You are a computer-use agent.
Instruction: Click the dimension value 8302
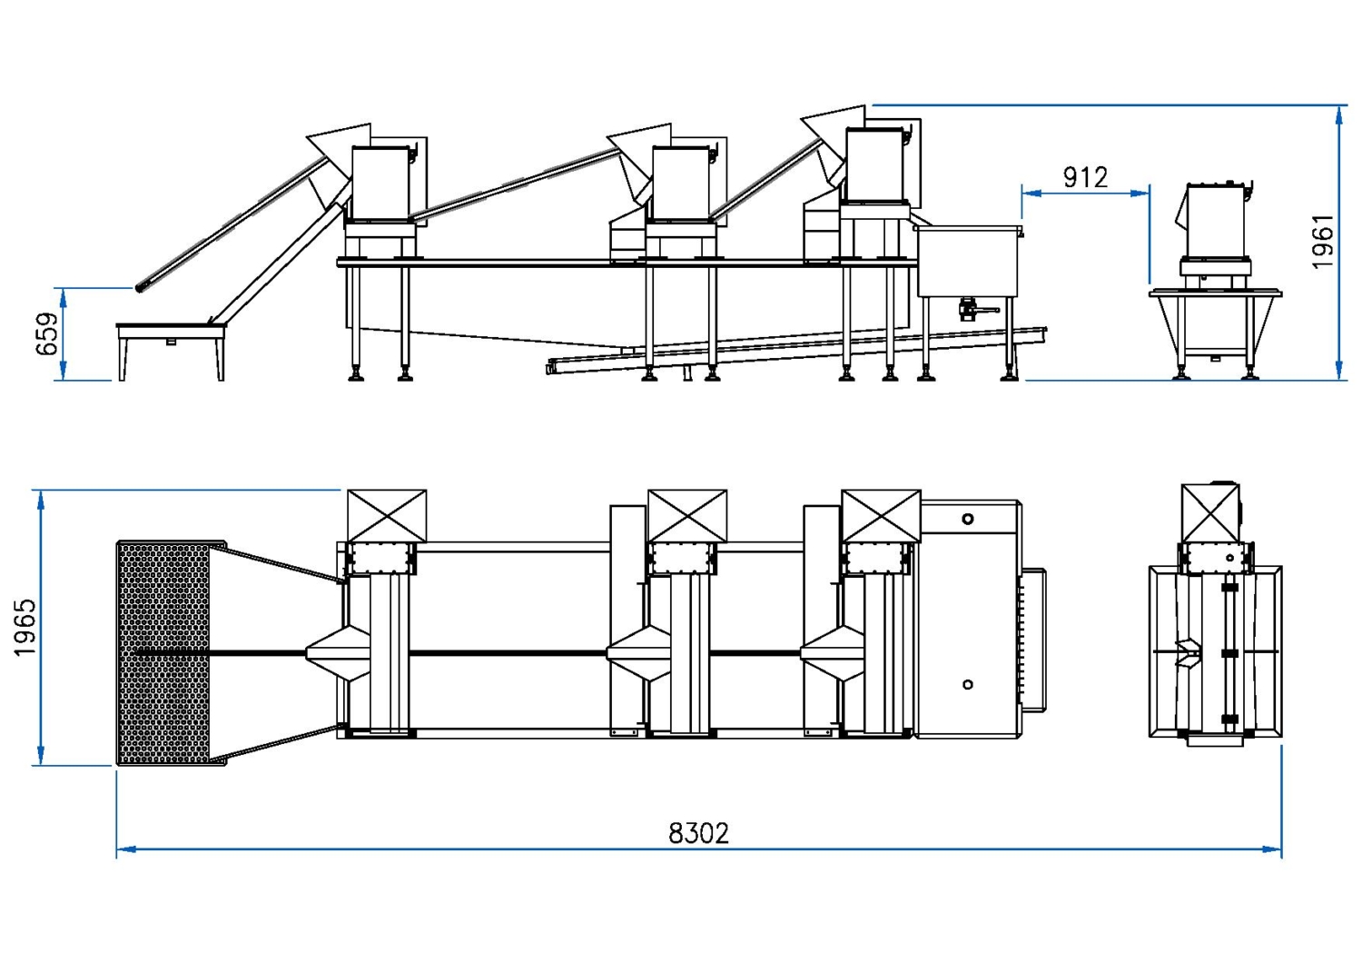[x=698, y=833]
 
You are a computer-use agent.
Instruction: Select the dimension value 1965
[x=25, y=627]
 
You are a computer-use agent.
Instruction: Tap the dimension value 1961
[x=1323, y=242]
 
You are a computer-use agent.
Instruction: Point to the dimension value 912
[x=1085, y=177]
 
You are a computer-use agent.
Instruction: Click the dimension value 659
[x=46, y=333]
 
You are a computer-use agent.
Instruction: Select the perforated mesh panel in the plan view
[x=163, y=653]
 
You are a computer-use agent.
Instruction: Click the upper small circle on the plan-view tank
[x=968, y=519]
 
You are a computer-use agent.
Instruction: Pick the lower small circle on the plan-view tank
[x=968, y=684]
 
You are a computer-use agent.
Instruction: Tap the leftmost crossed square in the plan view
[x=387, y=516]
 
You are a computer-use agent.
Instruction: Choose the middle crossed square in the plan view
[x=687, y=516]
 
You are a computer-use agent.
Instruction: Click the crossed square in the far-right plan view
[x=1209, y=514]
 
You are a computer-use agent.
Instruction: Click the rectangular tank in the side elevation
[x=968, y=261]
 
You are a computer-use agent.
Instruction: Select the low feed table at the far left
[x=170, y=333]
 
